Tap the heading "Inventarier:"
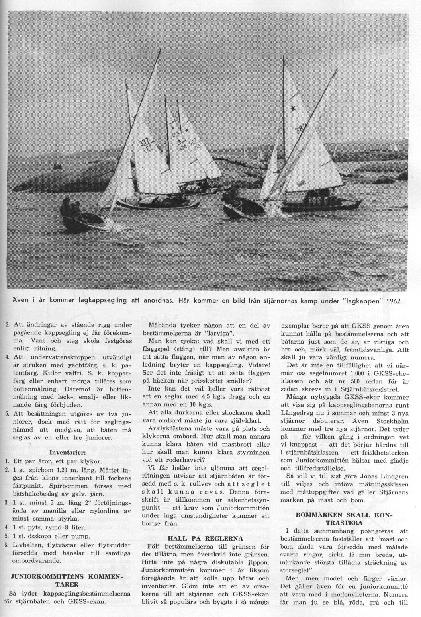click(x=69, y=452)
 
